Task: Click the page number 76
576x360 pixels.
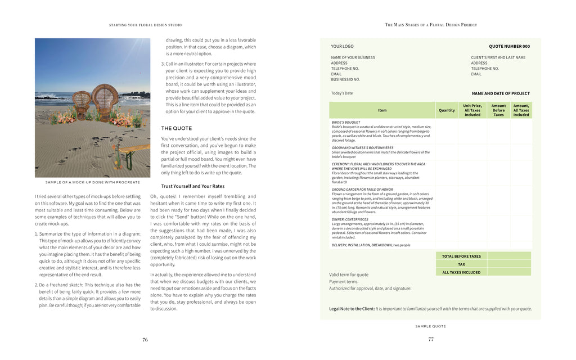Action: pyautogui.click(x=145, y=340)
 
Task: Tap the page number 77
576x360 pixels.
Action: pyautogui.click(x=431, y=339)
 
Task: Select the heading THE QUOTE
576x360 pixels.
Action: pyautogui.click(x=177, y=128)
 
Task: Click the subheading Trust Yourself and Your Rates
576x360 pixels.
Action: pyautogui.click(x=193, y=186)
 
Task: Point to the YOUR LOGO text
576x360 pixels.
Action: pyautogui.click(x=343, y=46)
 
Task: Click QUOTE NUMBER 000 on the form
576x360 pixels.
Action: pyautogui.click(x=509, y=46)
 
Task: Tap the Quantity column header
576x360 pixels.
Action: pyautogui.click(x=447, y=110)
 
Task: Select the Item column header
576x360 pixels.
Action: pyautogui.click(x=382, y=110)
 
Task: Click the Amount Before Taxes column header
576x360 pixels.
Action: pyautogui.click(x=498, y=110)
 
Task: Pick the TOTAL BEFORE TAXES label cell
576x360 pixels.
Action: pyautogui.click(x=461, y=256)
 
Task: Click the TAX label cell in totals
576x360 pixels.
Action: pyautogui.click(x=461, y=264)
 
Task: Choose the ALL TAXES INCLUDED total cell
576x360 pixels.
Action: pyautogui.click(x=461, y=272)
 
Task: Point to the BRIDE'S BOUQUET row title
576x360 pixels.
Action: pyautogui.click(x=346, y=122)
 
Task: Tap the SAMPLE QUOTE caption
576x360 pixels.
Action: pyautogui.click(x=430, y=326)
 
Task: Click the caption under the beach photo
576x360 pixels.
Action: pyautogui.click(x=92, y=182)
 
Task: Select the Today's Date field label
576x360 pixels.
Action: pyautogui.click(x=342, y=93)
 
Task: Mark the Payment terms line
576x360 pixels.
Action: pyautogui.click(x=343, y=282)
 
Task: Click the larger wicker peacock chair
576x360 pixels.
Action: pyautogui.click(x=105, y=102)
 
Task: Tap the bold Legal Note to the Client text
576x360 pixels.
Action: pyautogui.click(x=352, y=309)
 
